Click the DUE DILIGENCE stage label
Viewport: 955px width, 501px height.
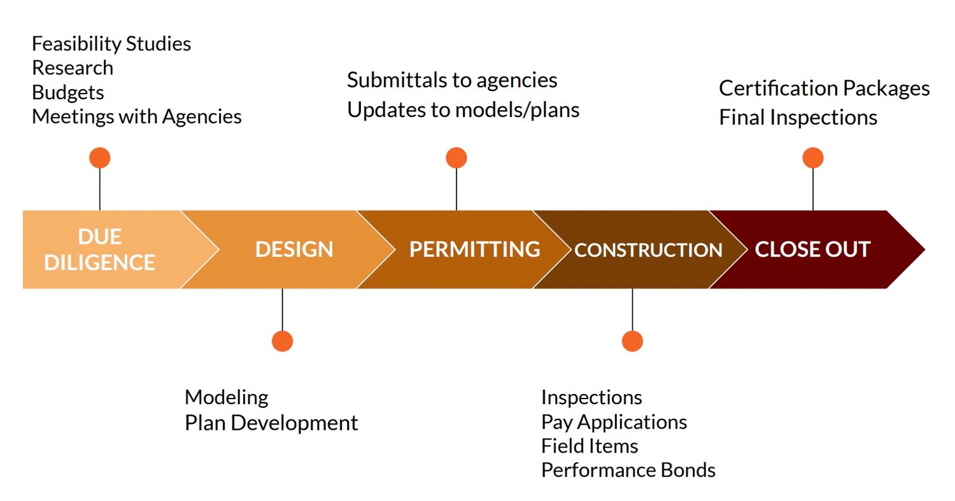[x=100, y=250]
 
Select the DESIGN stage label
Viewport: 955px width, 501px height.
[x=294, y=250]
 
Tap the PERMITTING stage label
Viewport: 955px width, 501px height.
[x=475, y=250]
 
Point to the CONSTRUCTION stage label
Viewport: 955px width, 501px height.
[x=649, y=250]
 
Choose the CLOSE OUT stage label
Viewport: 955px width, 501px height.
[x=812, y=250]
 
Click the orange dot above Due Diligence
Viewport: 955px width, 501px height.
[x=100, y=158]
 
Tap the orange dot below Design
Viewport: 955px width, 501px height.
[x=282, y=341]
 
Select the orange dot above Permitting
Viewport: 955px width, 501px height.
[x=456, y=158]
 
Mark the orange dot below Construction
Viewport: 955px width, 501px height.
[x=632, y=341]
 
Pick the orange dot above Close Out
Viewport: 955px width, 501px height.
[x=813, y=158]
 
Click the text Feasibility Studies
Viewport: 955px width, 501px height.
[x=111, y=44]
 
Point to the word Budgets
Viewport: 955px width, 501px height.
[x=67, y=93]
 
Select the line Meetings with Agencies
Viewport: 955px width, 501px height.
[x=137, y=117]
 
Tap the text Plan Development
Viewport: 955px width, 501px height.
[x=271, y=423]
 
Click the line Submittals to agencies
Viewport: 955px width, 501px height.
[x=452, y=80]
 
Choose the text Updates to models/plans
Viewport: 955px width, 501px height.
[x=463, y=110]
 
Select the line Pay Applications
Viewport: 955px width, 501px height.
[x=614, y=423]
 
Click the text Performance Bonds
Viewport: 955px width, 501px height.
[x=628, y=470]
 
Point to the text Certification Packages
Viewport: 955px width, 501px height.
[x=824, y=88]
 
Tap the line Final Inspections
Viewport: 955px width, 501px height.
[x=798, y=118]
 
